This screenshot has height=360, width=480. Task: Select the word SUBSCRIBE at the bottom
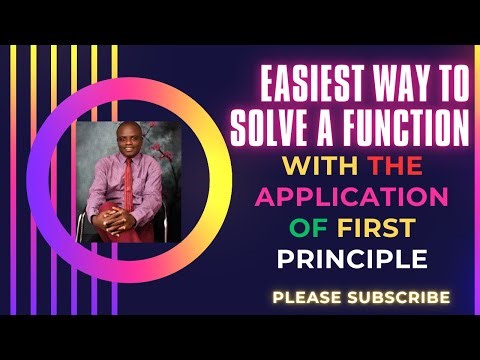coord(400,297)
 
